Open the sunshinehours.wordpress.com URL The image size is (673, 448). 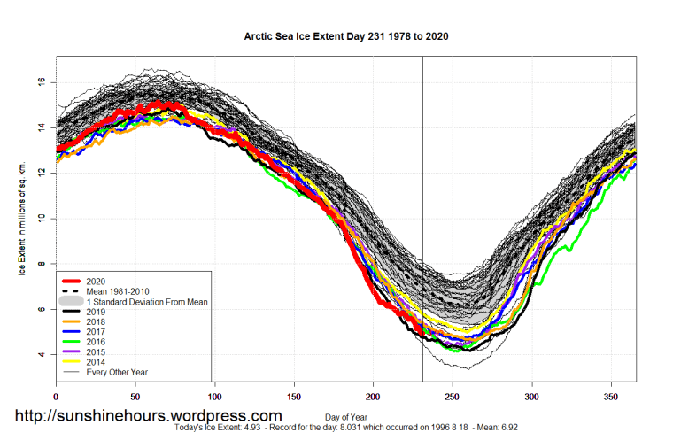point(148,416)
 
